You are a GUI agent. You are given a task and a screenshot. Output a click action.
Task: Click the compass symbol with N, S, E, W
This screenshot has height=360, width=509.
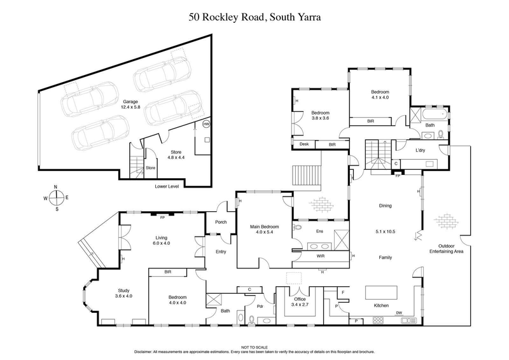(x=56, y=197)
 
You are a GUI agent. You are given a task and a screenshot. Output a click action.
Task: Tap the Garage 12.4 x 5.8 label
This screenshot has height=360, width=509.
(x=130, y=105)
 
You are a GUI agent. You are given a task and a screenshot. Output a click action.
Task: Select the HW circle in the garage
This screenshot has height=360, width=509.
(x=206, y=125)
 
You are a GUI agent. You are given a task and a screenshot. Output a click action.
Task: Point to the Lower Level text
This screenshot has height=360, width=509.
(x=167, y=187)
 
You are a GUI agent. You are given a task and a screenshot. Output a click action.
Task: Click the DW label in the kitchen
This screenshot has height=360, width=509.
(x=398, y=313)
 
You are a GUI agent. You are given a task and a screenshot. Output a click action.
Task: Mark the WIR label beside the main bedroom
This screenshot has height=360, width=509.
(x=321, y=256)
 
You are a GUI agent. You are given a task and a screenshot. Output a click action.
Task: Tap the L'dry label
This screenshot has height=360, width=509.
(x=402, y=150)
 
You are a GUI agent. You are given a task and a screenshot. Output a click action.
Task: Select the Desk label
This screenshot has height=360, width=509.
(x=304, y=145)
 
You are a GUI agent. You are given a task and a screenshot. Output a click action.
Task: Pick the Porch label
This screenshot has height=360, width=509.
(x=222, y=222)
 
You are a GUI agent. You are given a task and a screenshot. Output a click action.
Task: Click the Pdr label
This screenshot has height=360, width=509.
(x=260, y=306)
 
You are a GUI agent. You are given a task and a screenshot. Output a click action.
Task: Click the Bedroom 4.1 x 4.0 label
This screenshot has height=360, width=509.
(x=380, y=95)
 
